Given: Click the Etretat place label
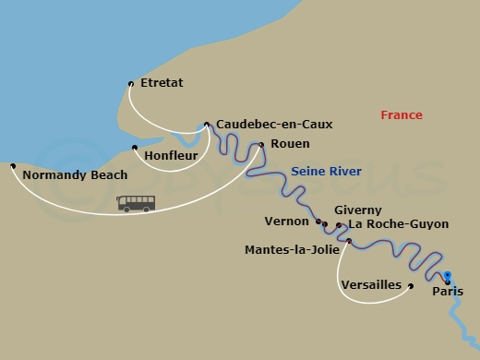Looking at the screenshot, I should pyautogui.click(x=162, y=83).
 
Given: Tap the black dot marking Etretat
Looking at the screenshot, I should pyautogui.click(x=131, y=84).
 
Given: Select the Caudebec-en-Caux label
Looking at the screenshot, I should pyautogui.click(x=274, y=124).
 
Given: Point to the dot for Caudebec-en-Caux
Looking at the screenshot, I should pyautogui.click(x=207, y=123).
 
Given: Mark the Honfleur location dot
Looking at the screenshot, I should pyautogui.click(x=135, y=148).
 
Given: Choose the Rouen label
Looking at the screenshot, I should pyautogui.click(x=290, y=144).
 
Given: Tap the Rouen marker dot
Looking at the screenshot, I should pyautogui.click(x=261, y=144).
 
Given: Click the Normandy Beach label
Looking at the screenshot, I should pyautogui.click(x=75, y=174).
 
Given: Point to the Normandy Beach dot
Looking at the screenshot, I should pyautogui.click(x=12, y=166).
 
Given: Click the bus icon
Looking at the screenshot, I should pyautogui.click(x=136, y=203).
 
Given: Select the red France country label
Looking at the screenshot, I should pyautogui.click(x=402, y=115).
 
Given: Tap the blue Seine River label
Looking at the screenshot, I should pyautogui.click(x=326, y=172).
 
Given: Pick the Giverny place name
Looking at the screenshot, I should pyautogui.click(x=357, y=210).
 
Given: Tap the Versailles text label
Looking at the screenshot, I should pyautogui.click(x=371, y=284).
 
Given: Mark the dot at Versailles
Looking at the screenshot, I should pyautogui.click(x=411, y=285).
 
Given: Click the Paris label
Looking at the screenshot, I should pyautogui.click(x=448, y=293).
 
